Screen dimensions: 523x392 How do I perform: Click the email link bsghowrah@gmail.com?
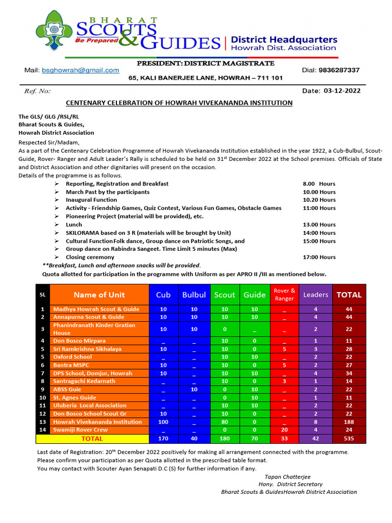[80, 70]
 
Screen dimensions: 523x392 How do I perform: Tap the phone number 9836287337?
[338, 70]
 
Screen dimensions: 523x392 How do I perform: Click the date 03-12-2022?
[342, 91]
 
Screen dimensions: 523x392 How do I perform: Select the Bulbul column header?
[194, 295]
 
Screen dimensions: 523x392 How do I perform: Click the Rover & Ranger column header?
[284, 295]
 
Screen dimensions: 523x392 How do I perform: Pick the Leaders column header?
[315, 295]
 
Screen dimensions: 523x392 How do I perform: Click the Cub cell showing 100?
[163, 422]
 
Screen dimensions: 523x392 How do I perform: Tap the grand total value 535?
[349, 438]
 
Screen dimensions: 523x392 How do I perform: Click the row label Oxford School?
[73, 357]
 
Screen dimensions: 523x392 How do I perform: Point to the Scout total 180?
[225, 438]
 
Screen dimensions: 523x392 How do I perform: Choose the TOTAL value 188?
[349, 422]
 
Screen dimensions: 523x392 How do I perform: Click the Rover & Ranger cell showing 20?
[284, 430]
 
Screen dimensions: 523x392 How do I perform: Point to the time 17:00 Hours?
[319, 257]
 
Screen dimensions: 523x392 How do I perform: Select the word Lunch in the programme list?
[74, 225]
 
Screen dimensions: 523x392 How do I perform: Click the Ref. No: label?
[38, 91]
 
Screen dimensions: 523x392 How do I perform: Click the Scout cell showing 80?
[225, 422]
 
